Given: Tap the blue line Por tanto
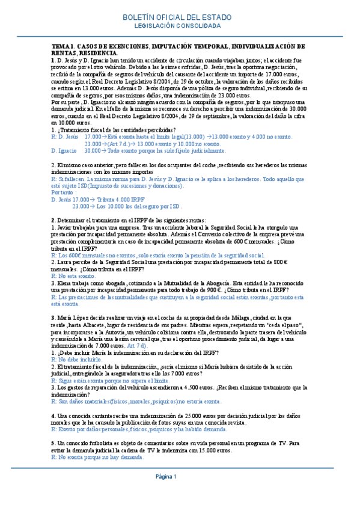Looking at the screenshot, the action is click(x=65, y=192).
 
